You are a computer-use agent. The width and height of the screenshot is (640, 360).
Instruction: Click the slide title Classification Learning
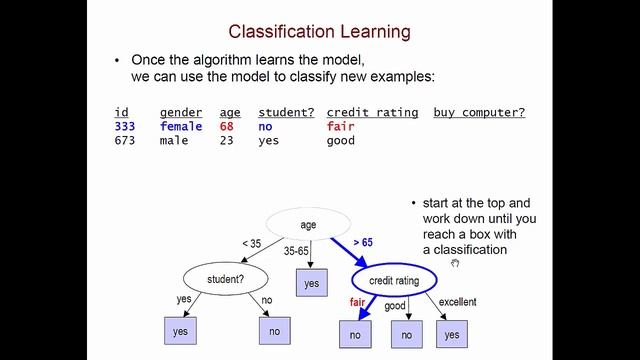coord(319,31)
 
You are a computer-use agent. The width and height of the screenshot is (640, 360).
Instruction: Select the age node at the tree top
coord(309,224)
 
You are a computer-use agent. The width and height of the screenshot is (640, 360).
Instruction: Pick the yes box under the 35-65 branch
coord(311,284)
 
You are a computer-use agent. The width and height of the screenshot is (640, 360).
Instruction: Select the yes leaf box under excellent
coord(452,335)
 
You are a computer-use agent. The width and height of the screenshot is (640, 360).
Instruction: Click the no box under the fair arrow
coord(355,335)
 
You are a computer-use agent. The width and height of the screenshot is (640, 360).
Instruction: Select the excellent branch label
coord(456,302)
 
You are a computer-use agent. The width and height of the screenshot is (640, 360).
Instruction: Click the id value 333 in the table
coord(125,127)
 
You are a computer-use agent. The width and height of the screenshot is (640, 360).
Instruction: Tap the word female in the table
coord(180,127)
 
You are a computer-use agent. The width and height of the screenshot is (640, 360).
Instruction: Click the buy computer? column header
coord(479,113)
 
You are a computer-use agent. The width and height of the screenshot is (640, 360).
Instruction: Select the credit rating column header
coord(372,113)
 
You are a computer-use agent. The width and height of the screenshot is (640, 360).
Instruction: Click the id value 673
coord(125,141)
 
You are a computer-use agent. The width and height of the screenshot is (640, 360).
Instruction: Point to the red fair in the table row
coord(341,127)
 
